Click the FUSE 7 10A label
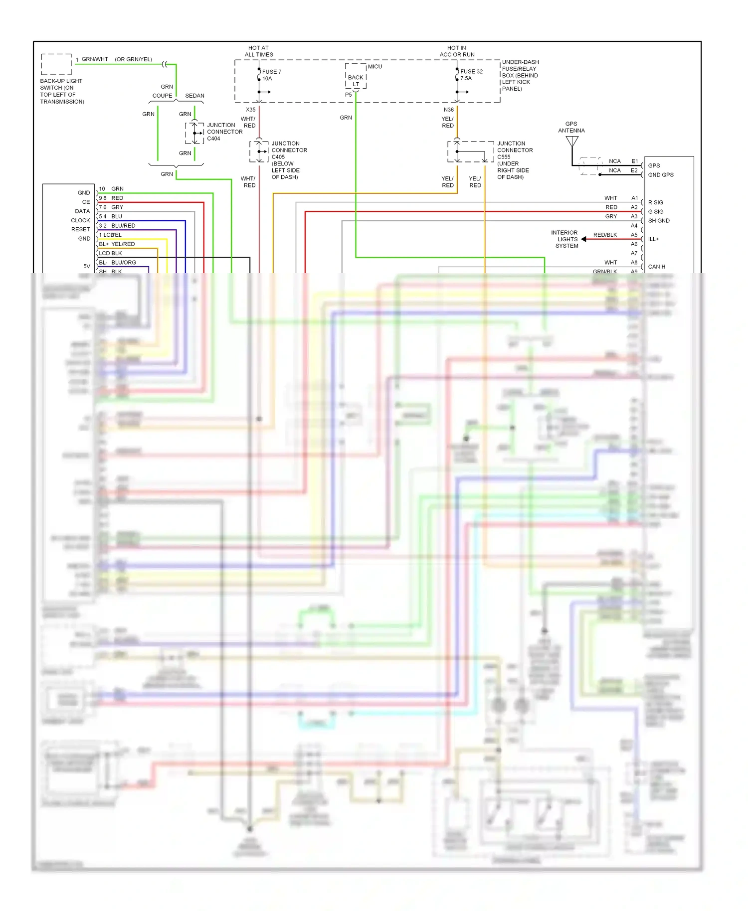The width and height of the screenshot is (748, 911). click(271, 75)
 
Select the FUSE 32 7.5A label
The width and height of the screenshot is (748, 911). click(471, 75)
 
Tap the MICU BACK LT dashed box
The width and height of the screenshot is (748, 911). click(356, 76)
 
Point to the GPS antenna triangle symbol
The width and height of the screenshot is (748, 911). click(572, 141)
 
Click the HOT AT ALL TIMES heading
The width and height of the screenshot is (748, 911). click(258, 51)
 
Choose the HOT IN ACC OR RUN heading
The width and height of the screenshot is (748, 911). click(457, 51)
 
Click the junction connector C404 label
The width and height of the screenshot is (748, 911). click(224, 132)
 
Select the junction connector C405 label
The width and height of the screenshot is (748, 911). click(289, 160)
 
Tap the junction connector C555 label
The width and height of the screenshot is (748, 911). click(515, 160)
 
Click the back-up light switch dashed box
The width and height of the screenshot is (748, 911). click(56, 64)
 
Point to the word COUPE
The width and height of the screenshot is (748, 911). click(162, 96)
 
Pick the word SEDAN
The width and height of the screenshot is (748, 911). click(194, 96)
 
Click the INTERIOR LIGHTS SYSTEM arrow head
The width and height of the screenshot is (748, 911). click(584, 239)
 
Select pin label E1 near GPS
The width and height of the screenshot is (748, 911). click(634, 161)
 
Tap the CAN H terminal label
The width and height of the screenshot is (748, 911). click(656, 267)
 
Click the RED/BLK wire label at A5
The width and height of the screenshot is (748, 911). click(605, 235)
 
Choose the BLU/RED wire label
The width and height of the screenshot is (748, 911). click(123, 226)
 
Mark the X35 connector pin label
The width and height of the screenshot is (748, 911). click(250, 110)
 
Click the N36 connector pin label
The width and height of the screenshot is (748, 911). click(448, 110)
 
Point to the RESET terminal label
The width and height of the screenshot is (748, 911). click(80, 229)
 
